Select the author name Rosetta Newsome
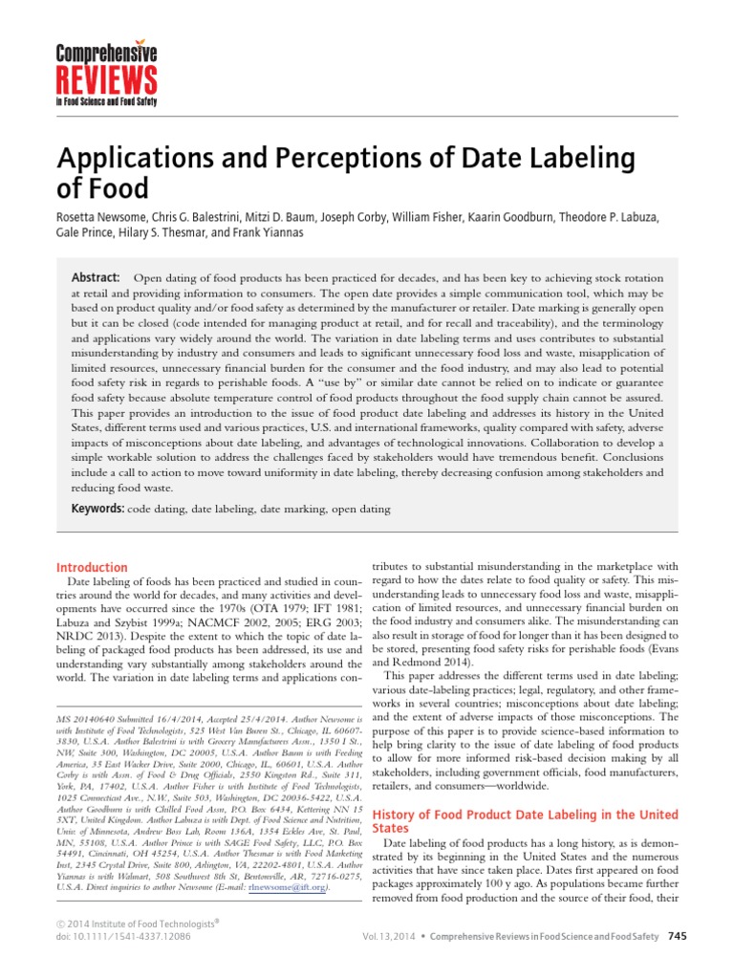(104, 218)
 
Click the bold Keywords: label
(100, 509)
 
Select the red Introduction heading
(92, 567)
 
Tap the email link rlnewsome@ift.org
(288, 888)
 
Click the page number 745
(677, 935)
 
